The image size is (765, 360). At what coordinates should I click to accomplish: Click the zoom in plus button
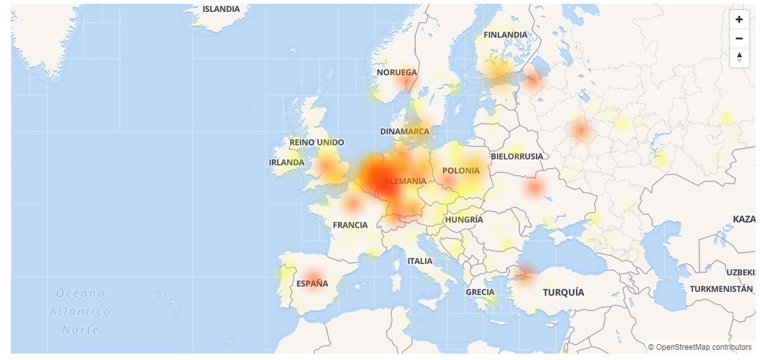[739, 19]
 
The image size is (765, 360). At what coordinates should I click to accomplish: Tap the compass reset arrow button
[739, 58]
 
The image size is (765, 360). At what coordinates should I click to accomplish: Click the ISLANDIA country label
[221, 9]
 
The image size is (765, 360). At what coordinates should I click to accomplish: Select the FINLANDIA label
[505, 34]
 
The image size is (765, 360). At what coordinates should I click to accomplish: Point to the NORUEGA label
[397, 73]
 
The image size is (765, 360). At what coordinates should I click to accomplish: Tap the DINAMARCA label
[405, 132]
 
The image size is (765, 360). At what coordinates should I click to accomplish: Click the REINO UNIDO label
[316, 142]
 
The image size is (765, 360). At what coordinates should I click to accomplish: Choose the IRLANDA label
[286, 162]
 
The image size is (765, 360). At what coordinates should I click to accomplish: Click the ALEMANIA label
[405, 181]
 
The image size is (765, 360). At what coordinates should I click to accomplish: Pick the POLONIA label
[461, 170]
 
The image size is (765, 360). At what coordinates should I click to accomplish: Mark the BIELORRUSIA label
[517, 156]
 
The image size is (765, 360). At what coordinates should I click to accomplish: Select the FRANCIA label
[350, 225]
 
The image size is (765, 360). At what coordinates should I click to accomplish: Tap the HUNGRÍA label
[464, 219]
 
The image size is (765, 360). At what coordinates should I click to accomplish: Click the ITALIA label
[419, 261]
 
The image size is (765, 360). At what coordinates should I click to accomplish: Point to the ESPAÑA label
[312, 284]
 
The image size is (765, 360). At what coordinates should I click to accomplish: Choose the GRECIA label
[480, 292]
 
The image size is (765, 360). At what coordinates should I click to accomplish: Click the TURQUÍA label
[563, 292]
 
